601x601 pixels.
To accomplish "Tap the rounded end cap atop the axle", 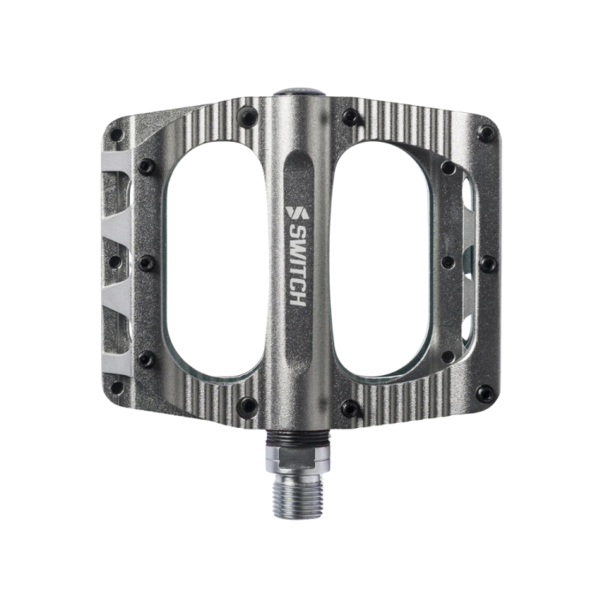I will [298, 95].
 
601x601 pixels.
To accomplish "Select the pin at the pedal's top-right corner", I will [486, 133].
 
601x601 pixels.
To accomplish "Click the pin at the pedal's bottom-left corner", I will [117, 388].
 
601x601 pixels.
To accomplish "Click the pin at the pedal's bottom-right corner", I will [485, 393].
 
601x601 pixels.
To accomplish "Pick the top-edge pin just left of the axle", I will [248, 117].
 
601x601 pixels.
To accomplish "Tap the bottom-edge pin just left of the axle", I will [248, 406].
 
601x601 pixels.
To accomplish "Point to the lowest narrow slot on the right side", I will [467, 329].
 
